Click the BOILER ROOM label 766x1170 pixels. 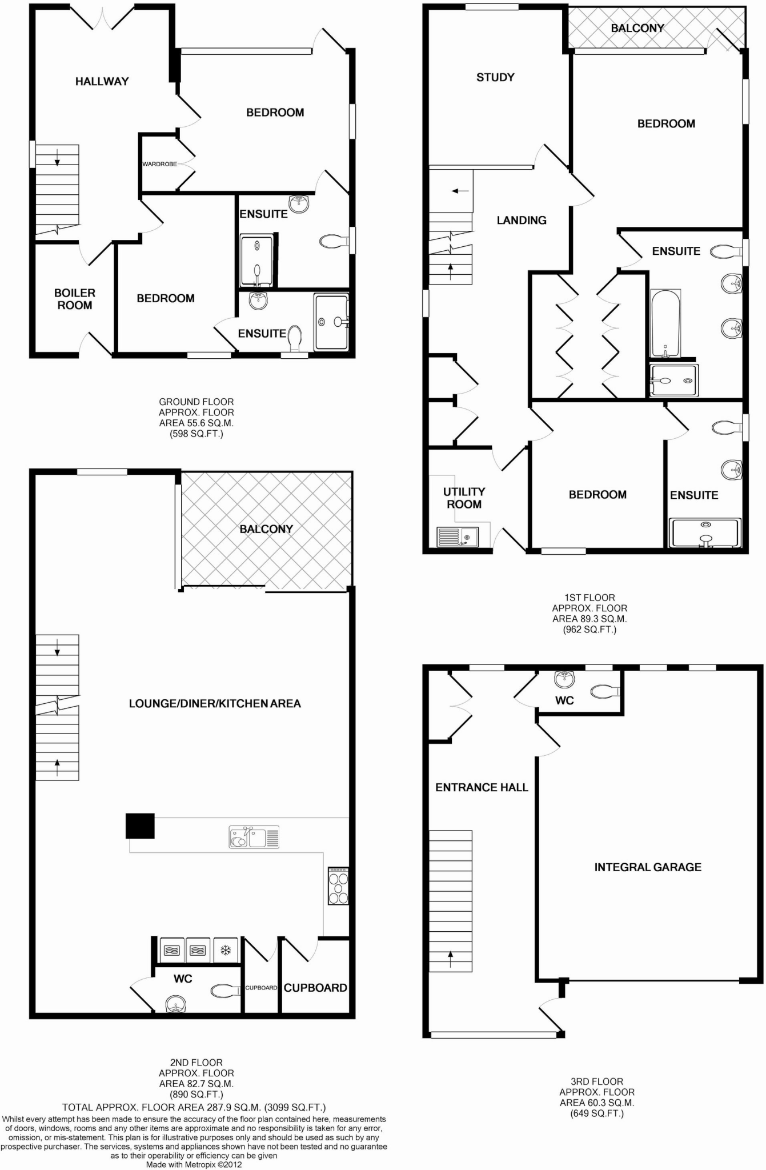pos(74,299)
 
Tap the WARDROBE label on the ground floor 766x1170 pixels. pos(159,164)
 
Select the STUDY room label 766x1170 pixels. pos(495,77)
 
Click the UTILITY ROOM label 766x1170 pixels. pos(464,498)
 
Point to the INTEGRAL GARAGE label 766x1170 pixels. pos(648,867)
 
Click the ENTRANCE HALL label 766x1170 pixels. pos(482,787)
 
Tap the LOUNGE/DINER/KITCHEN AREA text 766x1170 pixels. pos(215,704)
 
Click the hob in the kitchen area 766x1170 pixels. pos(338,886)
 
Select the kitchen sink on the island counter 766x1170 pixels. pos(254,838)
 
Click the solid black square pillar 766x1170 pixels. pos(140,826)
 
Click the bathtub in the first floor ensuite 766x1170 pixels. pos(665,323)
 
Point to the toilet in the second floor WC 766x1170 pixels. pos(226,991)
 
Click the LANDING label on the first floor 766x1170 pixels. pos(521,220)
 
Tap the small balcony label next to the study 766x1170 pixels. pos(637,28)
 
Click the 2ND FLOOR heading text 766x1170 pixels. pos(196,1063)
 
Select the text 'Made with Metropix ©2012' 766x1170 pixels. pos(194,1164)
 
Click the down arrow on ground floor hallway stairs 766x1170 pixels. pos(57,161)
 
